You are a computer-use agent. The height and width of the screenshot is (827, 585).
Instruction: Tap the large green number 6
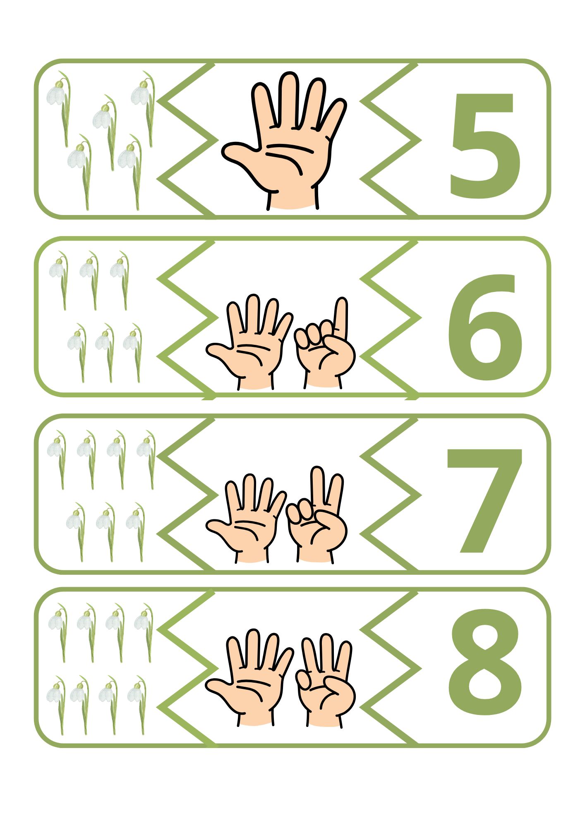pyautogui.click(x=485, y=327)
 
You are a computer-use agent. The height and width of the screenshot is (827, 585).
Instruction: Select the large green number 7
pyautogui.click(x=484, y=500)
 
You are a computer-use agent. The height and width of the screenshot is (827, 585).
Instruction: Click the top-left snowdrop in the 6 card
pyautogui.click(x=59, y=280)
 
